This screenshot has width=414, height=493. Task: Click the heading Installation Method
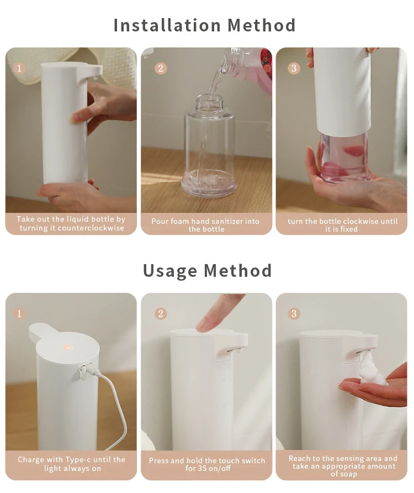coord(205,25)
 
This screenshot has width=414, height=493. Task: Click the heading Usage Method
coord(207,271)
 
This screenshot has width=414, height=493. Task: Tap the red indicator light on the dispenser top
coord(67,348)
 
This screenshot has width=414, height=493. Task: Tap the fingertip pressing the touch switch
coord(204,326)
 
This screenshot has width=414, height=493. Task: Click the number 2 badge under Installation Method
coord(161,68)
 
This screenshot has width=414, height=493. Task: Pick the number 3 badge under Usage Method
coord(294,314)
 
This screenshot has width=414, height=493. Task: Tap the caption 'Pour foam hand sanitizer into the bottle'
coord(206,225)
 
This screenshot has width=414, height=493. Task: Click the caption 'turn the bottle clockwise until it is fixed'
coord(342,225)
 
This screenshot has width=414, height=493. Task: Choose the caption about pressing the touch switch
coord(206,464)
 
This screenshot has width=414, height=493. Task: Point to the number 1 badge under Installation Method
coord(19,68)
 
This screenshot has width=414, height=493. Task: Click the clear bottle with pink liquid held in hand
coord(343,157)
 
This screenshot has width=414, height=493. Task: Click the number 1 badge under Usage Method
coord(19,314)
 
